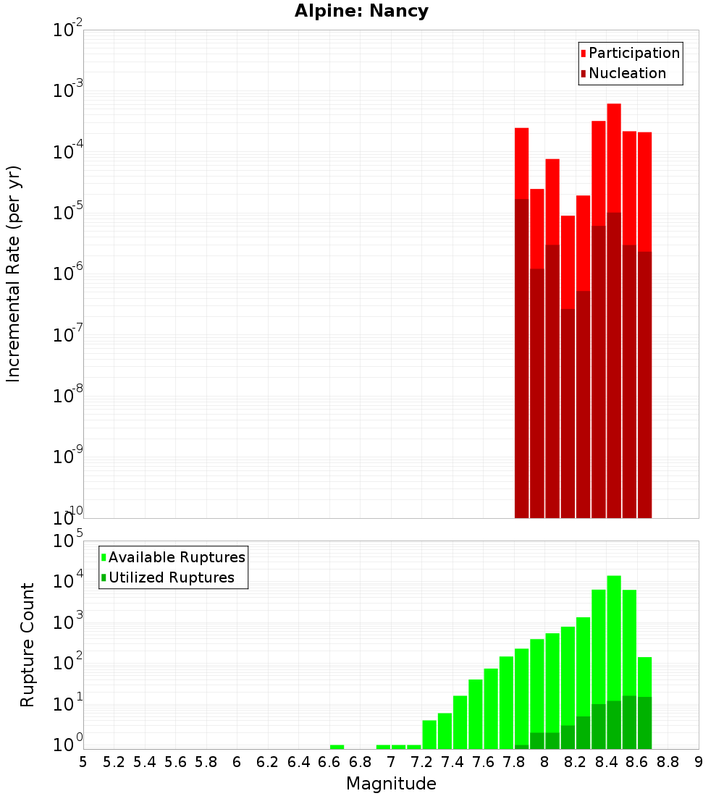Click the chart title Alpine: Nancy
tap(361, 12)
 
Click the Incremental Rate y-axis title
tap(14, 274)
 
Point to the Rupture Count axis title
tap(28, 645)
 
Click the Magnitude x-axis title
tap(391, 784)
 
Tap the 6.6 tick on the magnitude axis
tap(329, 762)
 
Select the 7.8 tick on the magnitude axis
tap(514, 762)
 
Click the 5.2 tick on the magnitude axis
tap(114, 762)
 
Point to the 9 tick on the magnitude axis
tap(699, 762)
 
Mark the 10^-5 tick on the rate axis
tap(67, 213)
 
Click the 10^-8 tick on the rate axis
tap(67, 396)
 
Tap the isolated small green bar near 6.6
tap(337, 747)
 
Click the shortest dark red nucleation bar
tap(568, 412)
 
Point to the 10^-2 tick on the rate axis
tap(67, 30)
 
